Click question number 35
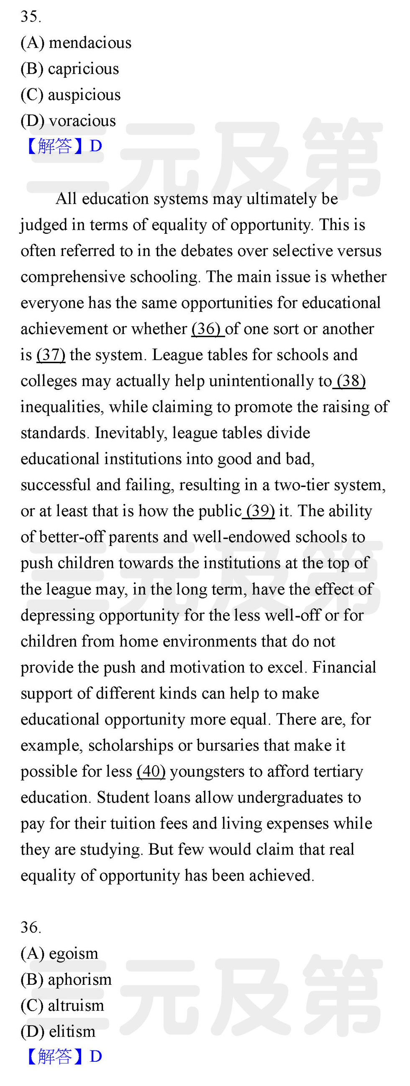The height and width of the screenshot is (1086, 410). coord(31,17)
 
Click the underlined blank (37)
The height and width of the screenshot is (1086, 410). coord(51,355)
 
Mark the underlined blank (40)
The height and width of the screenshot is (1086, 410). coord(151,771)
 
